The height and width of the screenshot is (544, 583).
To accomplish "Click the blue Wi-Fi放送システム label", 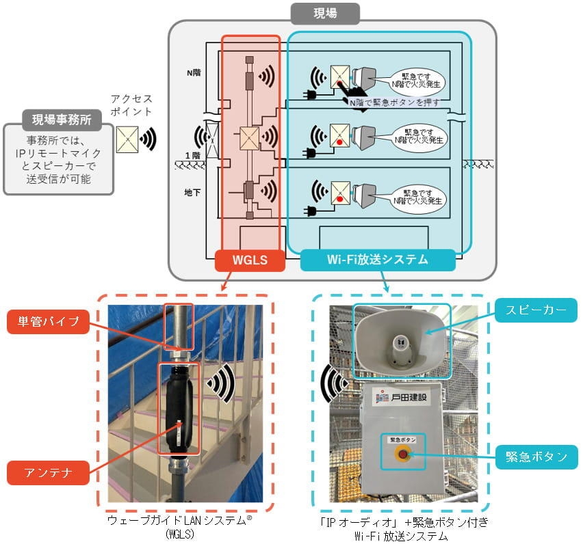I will (x=378, y=260).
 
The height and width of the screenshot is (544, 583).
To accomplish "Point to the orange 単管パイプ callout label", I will (x=49, y=322).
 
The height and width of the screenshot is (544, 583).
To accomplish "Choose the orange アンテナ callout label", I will (x=49, y=471).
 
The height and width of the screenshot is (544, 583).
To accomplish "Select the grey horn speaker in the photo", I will (x=402, y=341).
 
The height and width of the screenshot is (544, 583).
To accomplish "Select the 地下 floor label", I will (x=193, y=193).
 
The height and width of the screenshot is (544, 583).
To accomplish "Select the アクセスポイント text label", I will (x=131, y=105).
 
